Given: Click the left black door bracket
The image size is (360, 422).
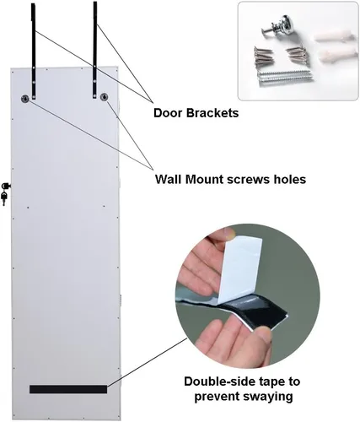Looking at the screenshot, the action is click(34, 51).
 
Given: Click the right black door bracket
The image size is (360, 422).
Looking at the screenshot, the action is click(95, 50).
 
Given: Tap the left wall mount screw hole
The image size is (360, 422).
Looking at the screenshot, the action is click(25, 99).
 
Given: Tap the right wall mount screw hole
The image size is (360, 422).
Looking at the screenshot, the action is click(105, 97).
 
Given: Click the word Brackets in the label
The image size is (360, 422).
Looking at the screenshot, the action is click(212, 113).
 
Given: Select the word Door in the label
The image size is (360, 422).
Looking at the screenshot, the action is click(168, 113).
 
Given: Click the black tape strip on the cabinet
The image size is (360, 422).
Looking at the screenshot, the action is click(68, 389).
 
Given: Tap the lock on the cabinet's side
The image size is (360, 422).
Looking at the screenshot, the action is click(6, 186).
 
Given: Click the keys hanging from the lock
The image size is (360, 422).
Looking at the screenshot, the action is click(4, 197).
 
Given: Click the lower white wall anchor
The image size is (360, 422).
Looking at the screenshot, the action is click(336, 53).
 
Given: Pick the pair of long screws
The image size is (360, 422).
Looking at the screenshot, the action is click(285, 78).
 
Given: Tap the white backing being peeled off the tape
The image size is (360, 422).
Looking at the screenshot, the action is click(239, 271).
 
